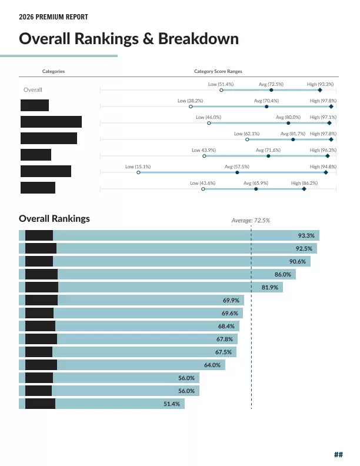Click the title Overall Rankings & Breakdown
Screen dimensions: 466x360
pyautogui.click(x=129, y=39)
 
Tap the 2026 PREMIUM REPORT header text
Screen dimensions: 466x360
pyautogui.click(x=54, y=18)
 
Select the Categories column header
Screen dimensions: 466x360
pyautogui.click(x=54, y=71)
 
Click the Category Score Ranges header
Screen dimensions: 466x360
pyautogui.click(x=218, y=71)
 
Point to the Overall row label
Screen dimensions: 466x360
pyautogui.click(x=32, y=90)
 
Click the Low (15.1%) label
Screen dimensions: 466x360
pyautogui.click(x=138, y=167)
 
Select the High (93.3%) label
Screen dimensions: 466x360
pyautogui.click(x=321, y=85)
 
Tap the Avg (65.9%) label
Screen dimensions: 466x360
pyautogui.click(x=256, y=184)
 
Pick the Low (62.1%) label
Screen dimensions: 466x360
pyautogui.click(x=247, y=134)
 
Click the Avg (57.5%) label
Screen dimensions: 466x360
pyautogui.click(x=237, y=167)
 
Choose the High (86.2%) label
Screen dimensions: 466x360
pyautogui.click(x=305, y=184)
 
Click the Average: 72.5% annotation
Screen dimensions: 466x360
pyautogui.click(x=251, y=220)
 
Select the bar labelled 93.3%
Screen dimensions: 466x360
pyautogui.click(x=176, y=235)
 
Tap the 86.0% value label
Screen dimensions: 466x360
pyautogui.click(x=283, y=274)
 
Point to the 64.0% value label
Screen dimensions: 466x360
pyautogui.click(x=212, y=365)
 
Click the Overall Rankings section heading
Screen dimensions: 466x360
pyautogui.click(x=54, y=218)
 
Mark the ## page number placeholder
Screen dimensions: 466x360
pyautogui.click(x=338, y=454)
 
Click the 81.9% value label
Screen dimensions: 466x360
pyautogui.click(x=270, y=287)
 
